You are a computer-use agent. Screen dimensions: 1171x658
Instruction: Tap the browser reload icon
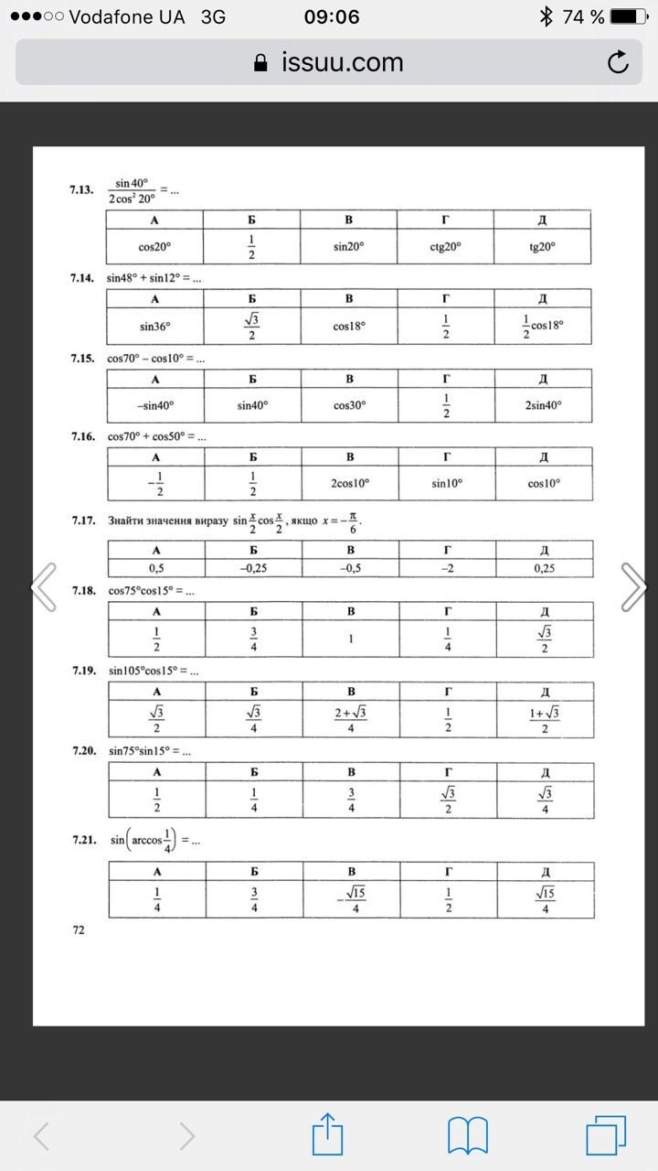pyautogui.click(x=618, y=62)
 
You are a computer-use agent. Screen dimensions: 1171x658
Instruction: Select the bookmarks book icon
pyautogui.click(x=467, y=1135)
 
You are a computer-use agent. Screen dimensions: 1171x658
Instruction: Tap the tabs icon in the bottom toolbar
pyautogui.click(x=604, y=1135)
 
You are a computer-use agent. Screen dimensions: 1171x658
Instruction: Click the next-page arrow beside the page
pyautogui.click(x=633, y=585)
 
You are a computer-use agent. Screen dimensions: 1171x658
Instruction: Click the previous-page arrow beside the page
pyautogui.click(x=44, y=585)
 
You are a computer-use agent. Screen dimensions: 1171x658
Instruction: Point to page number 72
pyautogui.click(x=79, y=929)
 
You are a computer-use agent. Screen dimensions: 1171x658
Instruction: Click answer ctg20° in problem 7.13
pyautogui.click(x=445, y=246)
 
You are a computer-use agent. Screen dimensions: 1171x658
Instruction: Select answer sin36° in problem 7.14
pyautogui.click(x=154, y=326)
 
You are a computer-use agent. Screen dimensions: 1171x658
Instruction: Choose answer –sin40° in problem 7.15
pyautogui.click(x=154, y=404)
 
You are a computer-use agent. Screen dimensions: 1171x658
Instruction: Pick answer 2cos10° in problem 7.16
pyautogui.click(x=349, y=482)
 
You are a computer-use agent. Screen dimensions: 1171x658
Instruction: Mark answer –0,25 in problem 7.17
pyautogui.click(x=252, y=567)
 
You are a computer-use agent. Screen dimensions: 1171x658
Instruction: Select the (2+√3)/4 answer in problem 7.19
pyautogui.click(x=349, y=719)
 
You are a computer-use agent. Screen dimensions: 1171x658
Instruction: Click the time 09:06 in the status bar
pyautogui.click(x=332, y=16)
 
